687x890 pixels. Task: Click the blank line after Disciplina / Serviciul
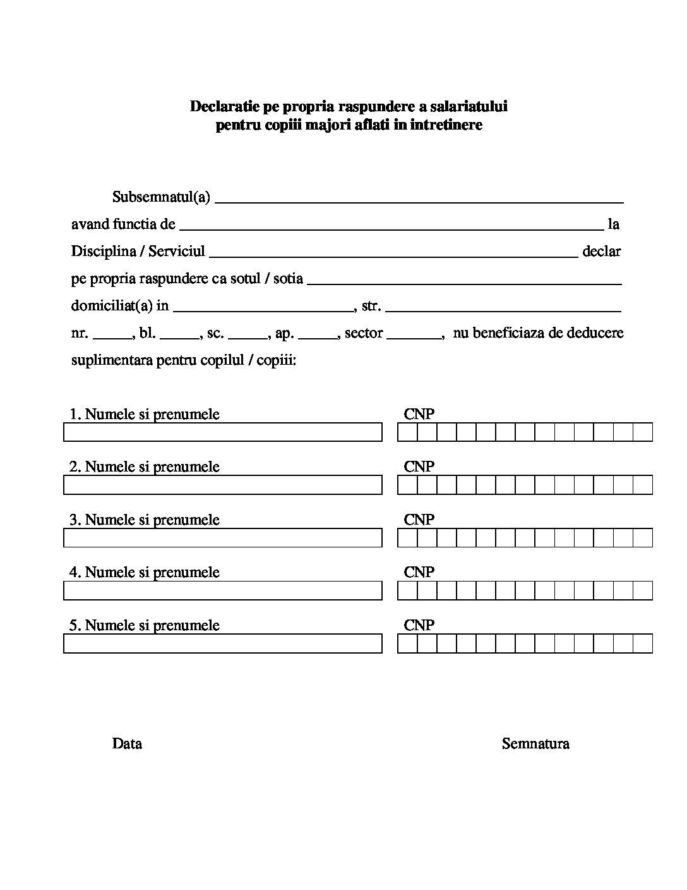point(393,254)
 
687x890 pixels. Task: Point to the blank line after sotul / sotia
point(464,281)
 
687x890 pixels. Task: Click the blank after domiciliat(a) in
point(263,309)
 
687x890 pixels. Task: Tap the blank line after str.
point(503,309)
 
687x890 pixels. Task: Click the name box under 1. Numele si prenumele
point(223,432)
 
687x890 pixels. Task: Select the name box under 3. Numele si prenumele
point(223,538)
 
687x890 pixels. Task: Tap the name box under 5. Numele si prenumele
point(223,643)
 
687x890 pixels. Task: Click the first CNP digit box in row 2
point(407,485)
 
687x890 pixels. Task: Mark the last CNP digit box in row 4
point(642,590)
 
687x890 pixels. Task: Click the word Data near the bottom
point(127,743)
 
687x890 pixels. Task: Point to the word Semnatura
point(535,743)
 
